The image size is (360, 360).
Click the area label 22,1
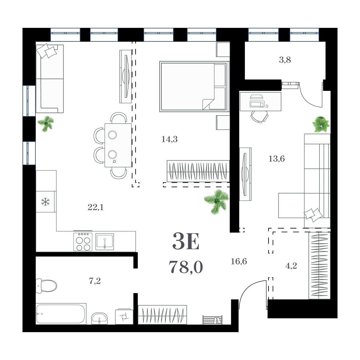coord(95,207)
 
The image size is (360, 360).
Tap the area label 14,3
coord(169,139)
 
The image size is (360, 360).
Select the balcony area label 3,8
coord(285,60)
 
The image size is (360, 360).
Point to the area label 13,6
coord(277,159)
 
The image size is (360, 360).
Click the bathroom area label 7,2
coord(95,281)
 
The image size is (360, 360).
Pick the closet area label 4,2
coord(291,266)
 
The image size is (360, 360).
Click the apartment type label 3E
coord(186,241)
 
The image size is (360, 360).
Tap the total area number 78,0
coord(186,267)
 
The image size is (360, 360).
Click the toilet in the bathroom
coord(46,285)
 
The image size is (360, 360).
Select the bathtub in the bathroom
coord(61,314)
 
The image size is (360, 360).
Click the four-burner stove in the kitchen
coord(83,241)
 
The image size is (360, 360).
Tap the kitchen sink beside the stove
coord(105,242)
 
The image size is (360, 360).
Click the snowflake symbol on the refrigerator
coord(46,202)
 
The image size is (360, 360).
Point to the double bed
coord(194,86)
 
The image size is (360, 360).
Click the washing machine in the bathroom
coord(124,316)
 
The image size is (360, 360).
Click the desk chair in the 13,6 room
coord(259,117)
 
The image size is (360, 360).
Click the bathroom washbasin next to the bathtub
coord(99,319)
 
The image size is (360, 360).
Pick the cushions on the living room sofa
coord(47,50)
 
